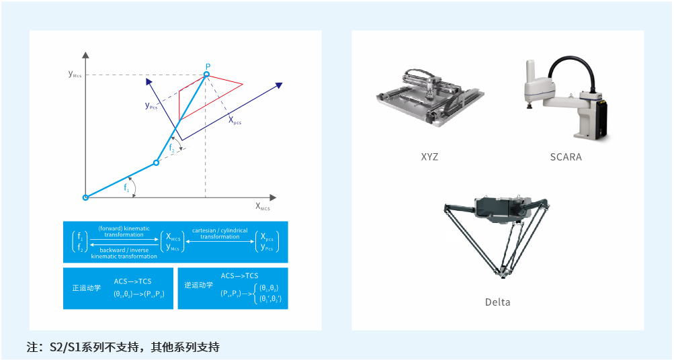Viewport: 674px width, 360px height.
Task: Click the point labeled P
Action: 207,74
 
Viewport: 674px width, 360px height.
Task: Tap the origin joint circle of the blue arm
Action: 85,197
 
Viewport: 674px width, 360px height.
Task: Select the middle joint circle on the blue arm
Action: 156,163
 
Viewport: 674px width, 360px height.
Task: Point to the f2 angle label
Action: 171,148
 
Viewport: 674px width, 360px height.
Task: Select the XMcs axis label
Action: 262,207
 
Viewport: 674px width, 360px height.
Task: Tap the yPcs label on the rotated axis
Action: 151,105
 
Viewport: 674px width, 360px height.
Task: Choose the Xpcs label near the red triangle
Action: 235,121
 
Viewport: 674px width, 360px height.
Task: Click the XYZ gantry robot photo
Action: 428,99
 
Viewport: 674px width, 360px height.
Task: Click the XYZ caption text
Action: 429,157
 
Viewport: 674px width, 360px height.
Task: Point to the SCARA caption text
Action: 565,157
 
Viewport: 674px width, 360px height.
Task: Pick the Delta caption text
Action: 497,302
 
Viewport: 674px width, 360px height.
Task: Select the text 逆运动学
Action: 199,285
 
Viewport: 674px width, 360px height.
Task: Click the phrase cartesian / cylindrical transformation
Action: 220,233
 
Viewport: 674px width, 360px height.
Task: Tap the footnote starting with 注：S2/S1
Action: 123,347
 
